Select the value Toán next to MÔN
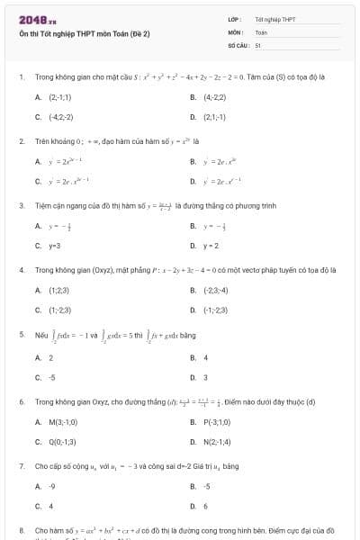tap(261, 31)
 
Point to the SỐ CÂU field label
tap(238, 44)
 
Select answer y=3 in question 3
tap(54, 245)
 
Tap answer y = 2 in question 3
tap(211, 245)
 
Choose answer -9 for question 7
tap(51, 487)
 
